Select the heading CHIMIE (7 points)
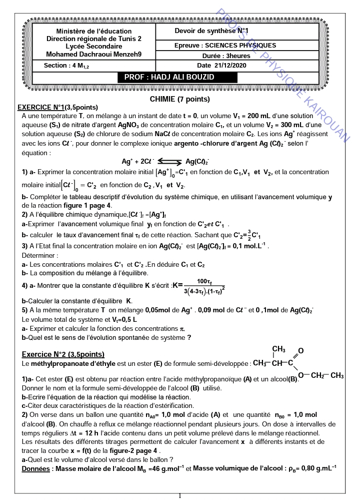[x=179, y=99]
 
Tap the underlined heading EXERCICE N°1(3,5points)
[x=57, y=107]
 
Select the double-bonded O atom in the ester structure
[x=300, y=351]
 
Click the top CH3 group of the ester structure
[x=278, y=349]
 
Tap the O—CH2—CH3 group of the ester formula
[x=320, y=375]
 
